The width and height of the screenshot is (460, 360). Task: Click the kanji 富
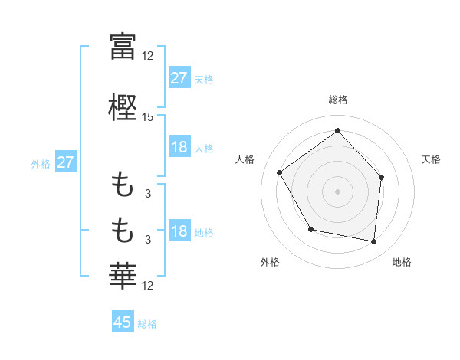pos(123,45)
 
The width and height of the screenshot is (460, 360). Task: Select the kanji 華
pos(123,275)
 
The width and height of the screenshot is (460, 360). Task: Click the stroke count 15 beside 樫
pos(148,117)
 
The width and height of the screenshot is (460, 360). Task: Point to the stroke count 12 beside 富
pos(148,55)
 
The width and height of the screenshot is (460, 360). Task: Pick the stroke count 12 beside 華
pos(148,286)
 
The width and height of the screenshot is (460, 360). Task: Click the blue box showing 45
pos(123,322)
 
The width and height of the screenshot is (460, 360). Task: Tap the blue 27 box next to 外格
pos(65,162)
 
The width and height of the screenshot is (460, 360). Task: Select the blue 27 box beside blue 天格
pos(179,78)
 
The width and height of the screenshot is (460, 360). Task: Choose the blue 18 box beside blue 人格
pos(179,147)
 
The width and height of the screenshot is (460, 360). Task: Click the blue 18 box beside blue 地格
pos(179,232)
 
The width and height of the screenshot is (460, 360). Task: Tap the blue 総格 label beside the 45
pos(147,323)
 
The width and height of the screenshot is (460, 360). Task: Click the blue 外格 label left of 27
pos(41,163)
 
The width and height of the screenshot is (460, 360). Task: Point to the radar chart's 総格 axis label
pos(337,100)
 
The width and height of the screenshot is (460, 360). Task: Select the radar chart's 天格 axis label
pos(432,159)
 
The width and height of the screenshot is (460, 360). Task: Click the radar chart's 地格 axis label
pos(402,262)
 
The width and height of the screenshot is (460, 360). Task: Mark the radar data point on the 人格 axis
pos(280,172)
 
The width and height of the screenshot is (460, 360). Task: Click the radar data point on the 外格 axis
pos(310,229)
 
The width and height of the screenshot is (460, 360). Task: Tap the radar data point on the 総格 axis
pos(337,130)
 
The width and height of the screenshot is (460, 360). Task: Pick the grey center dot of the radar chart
pos(337,191)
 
